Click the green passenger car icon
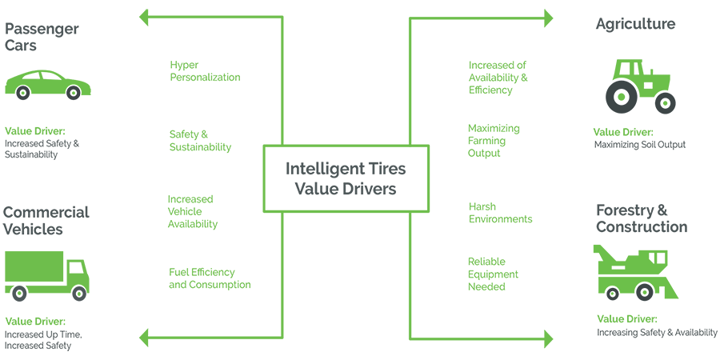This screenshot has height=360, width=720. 48,84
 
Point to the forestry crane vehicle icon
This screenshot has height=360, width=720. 635,271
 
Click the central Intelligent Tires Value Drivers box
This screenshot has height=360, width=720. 346,178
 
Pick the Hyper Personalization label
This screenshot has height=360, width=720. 205,71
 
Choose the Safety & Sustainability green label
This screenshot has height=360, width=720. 200,141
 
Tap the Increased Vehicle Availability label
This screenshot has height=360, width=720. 192,211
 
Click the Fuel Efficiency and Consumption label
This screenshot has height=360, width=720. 210,278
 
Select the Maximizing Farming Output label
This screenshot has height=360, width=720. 494,140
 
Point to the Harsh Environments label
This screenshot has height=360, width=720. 500,213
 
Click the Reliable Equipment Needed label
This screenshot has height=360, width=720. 493,274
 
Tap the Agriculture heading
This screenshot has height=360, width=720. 635,24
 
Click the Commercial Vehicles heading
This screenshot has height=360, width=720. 46,221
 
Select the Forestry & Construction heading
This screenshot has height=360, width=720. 641,218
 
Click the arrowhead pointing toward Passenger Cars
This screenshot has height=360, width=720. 145,17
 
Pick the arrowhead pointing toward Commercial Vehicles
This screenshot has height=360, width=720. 145,337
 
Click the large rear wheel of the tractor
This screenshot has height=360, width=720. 622,98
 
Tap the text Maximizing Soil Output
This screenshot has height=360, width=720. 639,145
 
